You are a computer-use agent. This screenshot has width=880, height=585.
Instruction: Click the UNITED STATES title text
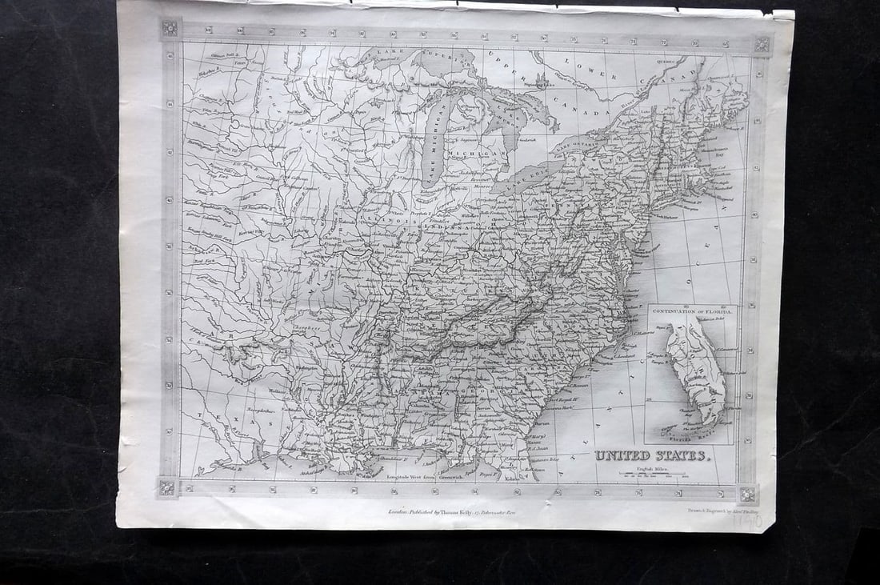pyautogui.click(x=651, y=455)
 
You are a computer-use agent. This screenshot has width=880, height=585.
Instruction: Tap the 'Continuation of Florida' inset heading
pyautogui.click(x=693, y=310)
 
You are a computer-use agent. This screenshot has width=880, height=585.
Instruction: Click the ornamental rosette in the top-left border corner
pyautogui.click(x=170, y=29)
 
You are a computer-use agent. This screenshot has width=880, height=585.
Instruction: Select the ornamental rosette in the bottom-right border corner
pyautogui.click(x=748, y=493)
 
